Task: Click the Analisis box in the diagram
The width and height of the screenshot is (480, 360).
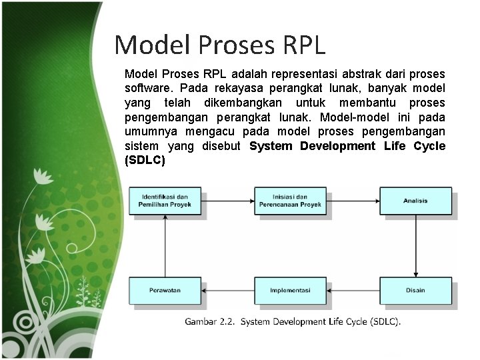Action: pyautogui.click(x=415, y=201)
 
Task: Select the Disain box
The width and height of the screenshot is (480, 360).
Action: pyautogui.click(x=415, y=290)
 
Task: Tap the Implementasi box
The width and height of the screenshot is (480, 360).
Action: pyautogui.click(x=290, y=290)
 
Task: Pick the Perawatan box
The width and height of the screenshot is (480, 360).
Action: pyautogui.click(x=165, y=290)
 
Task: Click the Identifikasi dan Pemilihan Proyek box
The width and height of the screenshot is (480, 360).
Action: pyautogui.click(x=165, y=201)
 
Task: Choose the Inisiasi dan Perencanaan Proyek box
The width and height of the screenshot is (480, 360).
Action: pyautogui.click(x=290, y=201)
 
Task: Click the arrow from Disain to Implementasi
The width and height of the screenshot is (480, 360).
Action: pyautogui.click(x=353, y=290)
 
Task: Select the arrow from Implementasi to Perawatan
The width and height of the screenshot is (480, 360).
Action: pyautogui.click(x=227, y=290)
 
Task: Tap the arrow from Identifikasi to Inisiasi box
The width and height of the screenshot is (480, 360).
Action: pyautogui.click(x=227, y=201)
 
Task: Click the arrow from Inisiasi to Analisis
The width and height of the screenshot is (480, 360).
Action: pyautogui.click(x=353, y=201)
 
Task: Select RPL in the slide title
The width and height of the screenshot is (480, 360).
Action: pyautogui.click(x=303, y=45)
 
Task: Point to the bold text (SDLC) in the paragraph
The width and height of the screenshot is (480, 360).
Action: pyautogui.click(x=145, y=161)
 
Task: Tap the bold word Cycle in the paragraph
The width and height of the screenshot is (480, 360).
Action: pyautogui.click(x=429, y=146)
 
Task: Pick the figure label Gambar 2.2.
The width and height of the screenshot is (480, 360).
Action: pyautogui.click(x=209, y=322)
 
